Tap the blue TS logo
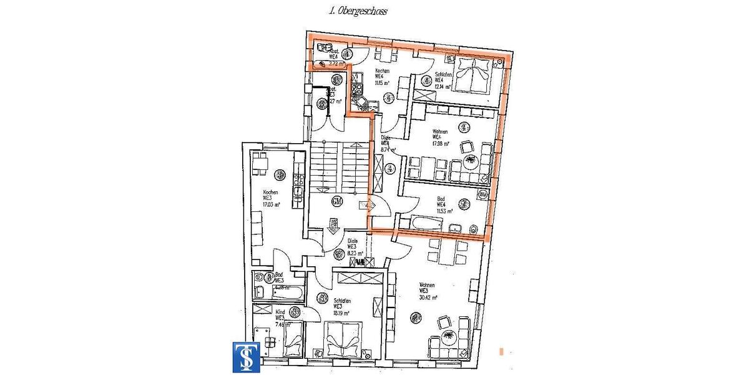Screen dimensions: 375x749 246,357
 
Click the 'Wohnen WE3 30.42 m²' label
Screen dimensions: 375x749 426,291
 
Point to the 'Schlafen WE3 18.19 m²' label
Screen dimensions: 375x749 340,306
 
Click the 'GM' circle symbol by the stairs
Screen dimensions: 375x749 337,201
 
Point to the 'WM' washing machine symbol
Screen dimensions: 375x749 482,196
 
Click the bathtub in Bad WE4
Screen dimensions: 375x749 426,223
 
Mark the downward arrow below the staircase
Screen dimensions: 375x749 333,223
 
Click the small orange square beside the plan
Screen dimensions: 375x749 501,351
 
